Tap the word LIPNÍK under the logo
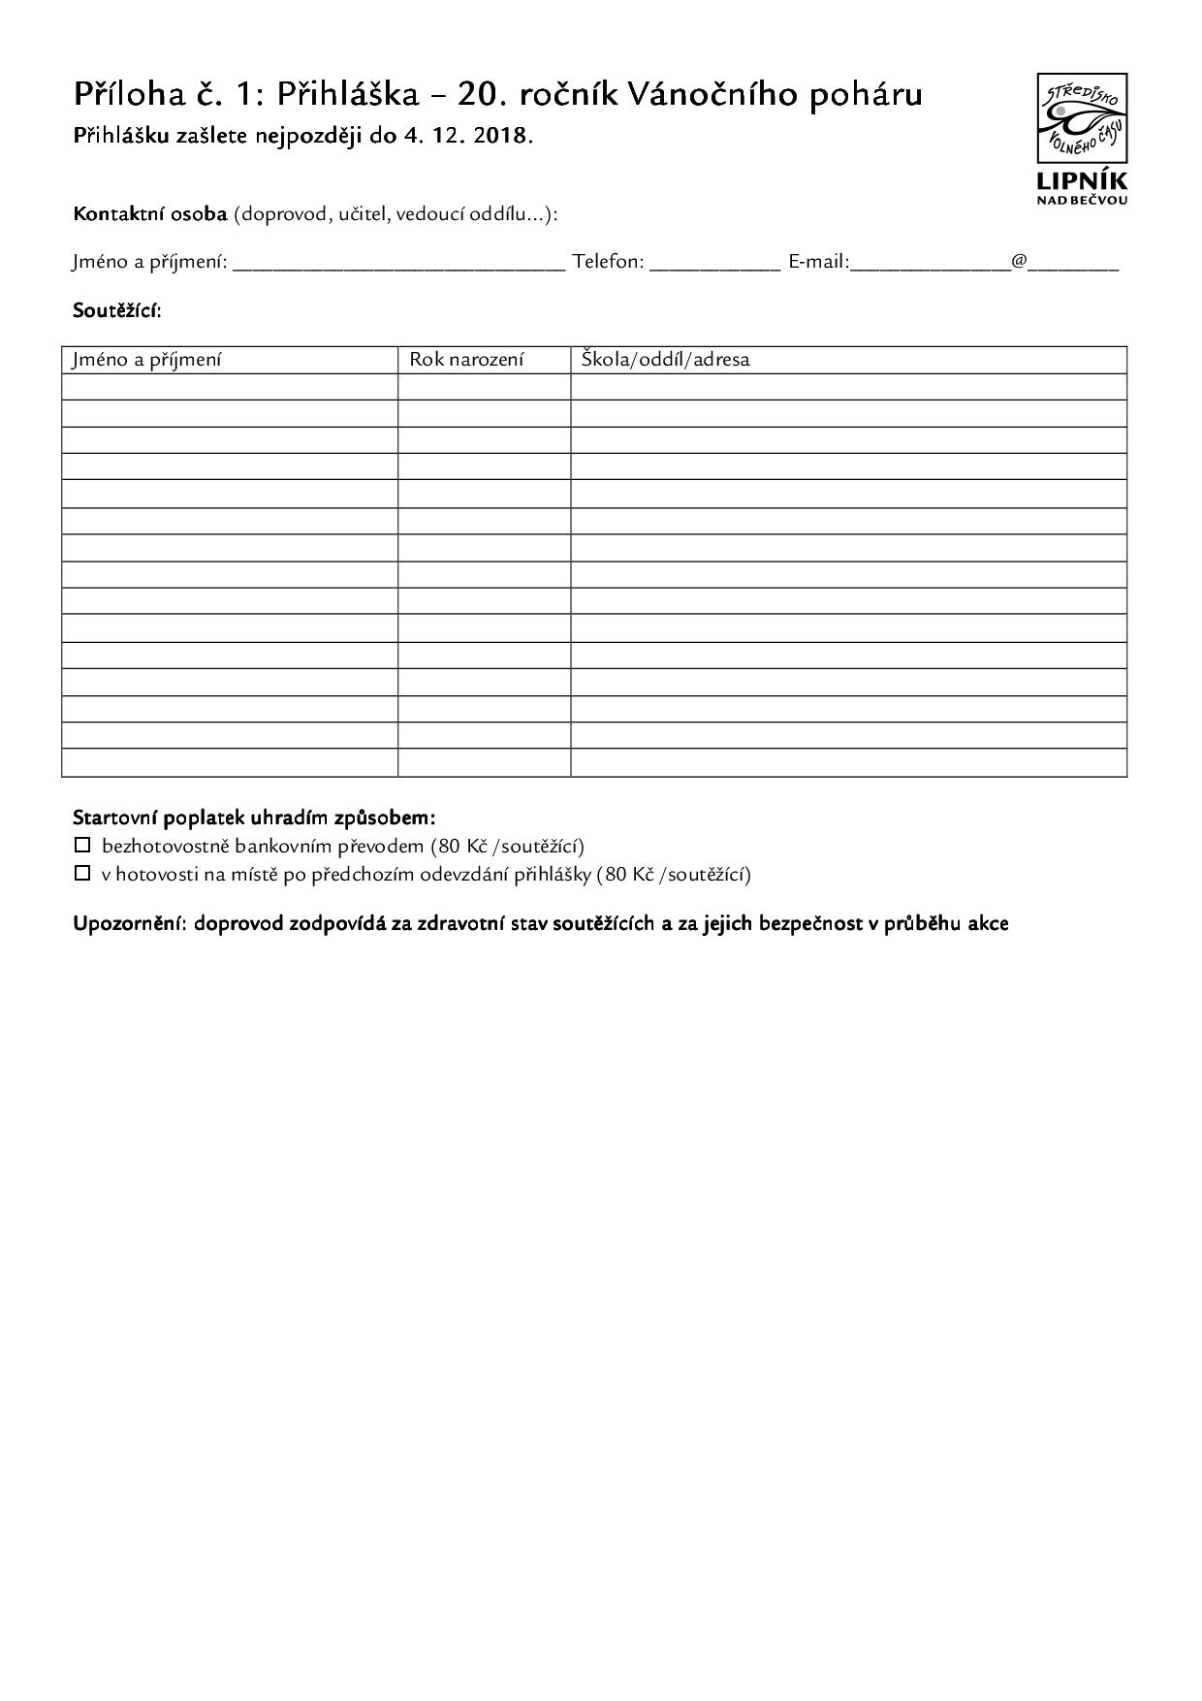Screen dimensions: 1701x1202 [x=1082, y=180]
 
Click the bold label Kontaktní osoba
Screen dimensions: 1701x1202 [x=149, y=213]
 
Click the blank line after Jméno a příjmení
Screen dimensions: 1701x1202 [x=398, y=263]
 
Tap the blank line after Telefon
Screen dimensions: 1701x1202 [x=714, y=263]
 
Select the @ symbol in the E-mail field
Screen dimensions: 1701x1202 [x=1019, y=261]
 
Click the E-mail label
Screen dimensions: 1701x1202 [x=818, y=261]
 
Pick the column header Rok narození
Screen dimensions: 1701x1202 [x=466, y=360]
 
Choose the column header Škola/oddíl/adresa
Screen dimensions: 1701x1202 [x=665, y=360]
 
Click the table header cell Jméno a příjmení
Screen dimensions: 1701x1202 [x=146, y=360]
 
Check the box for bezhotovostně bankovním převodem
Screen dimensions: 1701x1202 [x=82, y=845]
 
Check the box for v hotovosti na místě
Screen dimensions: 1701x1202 [x=82, y=873]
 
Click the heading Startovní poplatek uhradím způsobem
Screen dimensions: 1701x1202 [x=254, y=818]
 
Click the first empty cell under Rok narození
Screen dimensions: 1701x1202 [x=484, y=387]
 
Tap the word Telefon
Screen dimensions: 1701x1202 [x=608, y=261]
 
